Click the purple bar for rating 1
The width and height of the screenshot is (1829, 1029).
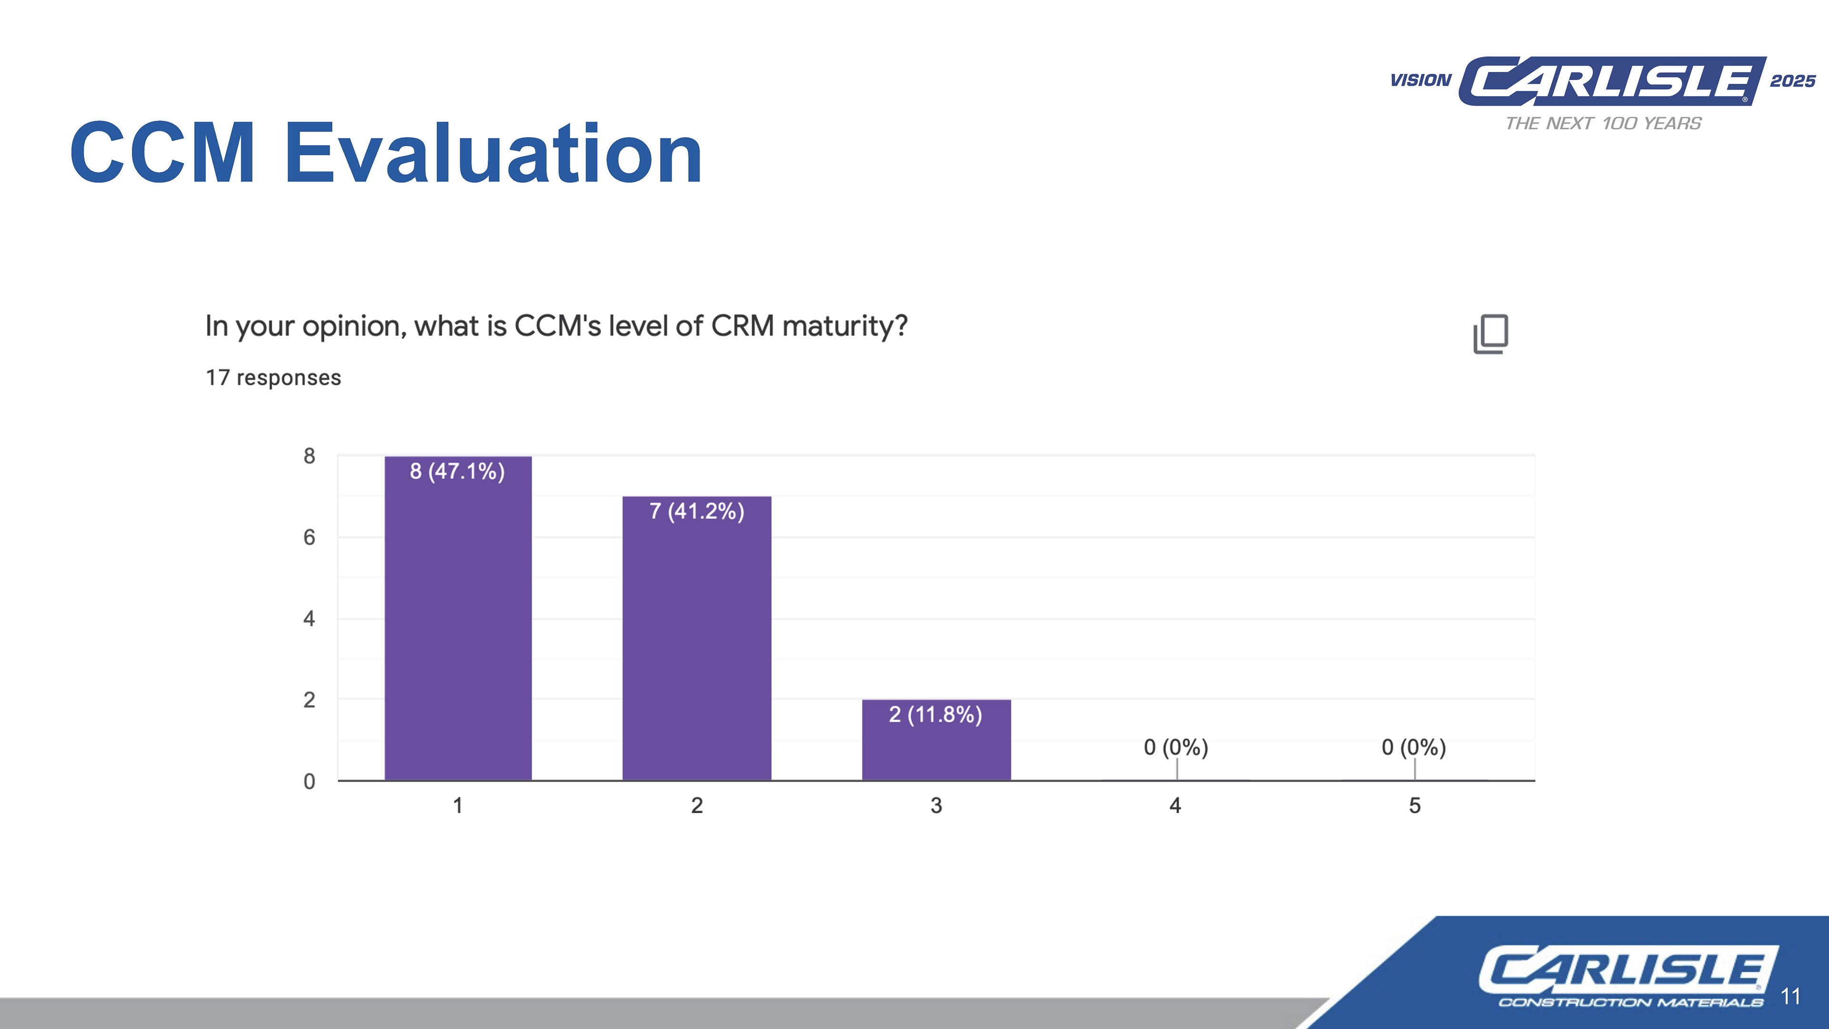pyautogui.click(x=458, y=618)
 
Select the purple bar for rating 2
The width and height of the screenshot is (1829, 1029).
pyautogui.click(x=696, y=638)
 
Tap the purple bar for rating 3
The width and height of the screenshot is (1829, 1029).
pyautogui.click(x=936, y=740)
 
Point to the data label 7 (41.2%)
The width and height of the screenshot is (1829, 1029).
pyautogui.click(x=696, y=511)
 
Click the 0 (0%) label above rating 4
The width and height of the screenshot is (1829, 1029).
pyautogui.click(x=1176, y=747)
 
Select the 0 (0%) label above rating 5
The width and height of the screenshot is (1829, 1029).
pyautogui.click(x=1414, y=747)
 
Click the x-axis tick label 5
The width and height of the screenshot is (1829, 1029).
pyautogui.click(x=1414, y=805)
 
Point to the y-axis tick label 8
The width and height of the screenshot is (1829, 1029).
pyautogui.click(x=309, y=456)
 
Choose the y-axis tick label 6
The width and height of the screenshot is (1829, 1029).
pyautogui.click(x=309, y=537)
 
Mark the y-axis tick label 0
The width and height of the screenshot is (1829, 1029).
pyautogui.click(x=309, y=781)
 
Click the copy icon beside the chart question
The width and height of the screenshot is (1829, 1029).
pyautogui.click(x=1491, y=334)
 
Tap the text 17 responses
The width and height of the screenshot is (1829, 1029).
pyautogui.click(x=273, y=378)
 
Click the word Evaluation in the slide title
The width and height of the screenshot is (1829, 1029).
pyautogui.click(x=493, y=152)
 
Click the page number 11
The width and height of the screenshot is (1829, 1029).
pyautogui.click(x=1791, y=996)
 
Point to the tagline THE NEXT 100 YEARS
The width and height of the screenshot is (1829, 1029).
pyautogui.click(x=1603, y=123)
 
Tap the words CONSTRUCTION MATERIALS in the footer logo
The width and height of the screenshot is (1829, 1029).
pyautogui.click(x=1630, y=1002)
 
